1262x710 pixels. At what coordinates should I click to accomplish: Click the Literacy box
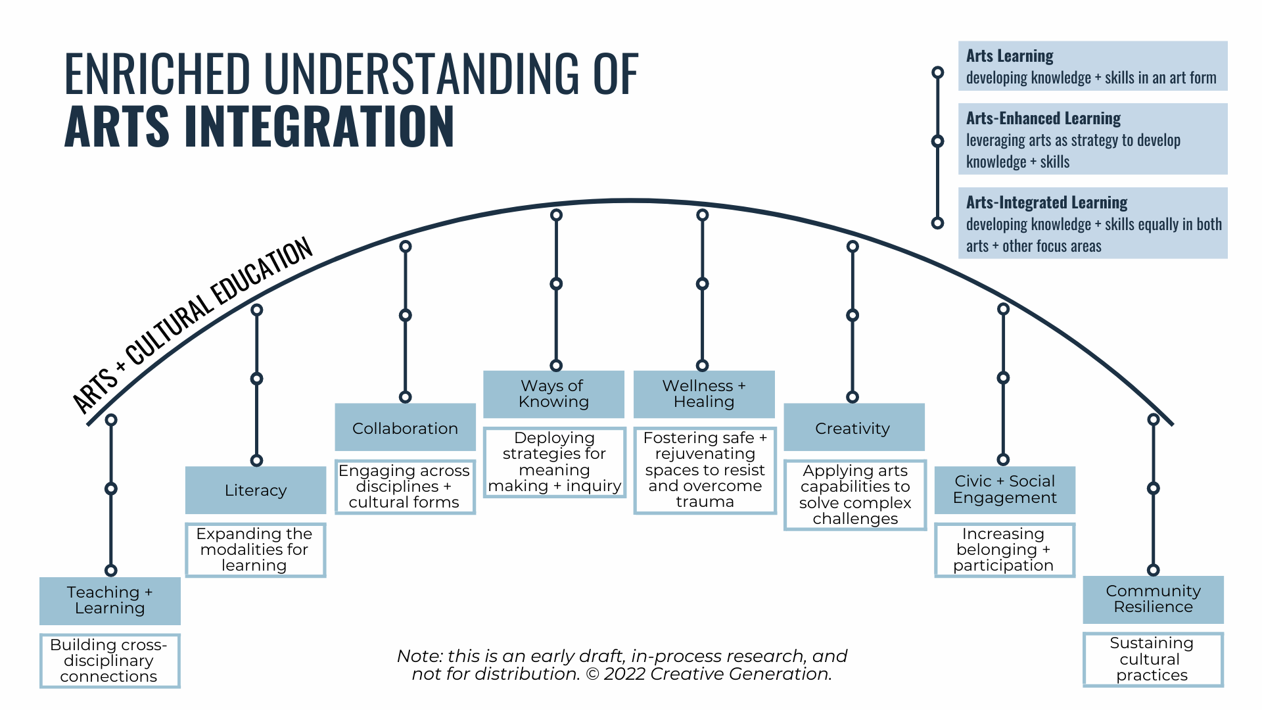256,490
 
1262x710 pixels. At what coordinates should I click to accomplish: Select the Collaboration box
405,428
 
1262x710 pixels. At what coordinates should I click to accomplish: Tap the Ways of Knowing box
553,394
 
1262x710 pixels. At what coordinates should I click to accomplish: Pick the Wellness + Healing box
704,394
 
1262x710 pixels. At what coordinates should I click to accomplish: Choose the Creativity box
853,428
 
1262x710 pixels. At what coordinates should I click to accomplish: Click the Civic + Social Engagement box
1004,490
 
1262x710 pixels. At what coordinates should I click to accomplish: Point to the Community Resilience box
1153,599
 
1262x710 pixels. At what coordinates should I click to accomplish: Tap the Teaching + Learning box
110,600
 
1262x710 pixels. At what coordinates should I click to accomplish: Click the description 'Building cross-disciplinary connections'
110,661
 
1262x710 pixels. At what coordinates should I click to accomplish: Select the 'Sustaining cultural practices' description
1152,659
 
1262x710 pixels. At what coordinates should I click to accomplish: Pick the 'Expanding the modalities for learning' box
255,550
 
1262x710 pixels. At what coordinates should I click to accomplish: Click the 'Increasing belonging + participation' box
1004,550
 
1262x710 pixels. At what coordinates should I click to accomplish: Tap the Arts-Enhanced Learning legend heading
1043,118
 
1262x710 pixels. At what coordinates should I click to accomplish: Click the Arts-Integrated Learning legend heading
1046,202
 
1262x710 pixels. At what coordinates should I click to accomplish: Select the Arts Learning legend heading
1010,57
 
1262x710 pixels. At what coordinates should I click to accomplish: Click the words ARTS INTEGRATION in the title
259,126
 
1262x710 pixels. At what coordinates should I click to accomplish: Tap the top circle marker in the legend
938,72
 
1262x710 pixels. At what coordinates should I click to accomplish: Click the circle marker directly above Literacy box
257,460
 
